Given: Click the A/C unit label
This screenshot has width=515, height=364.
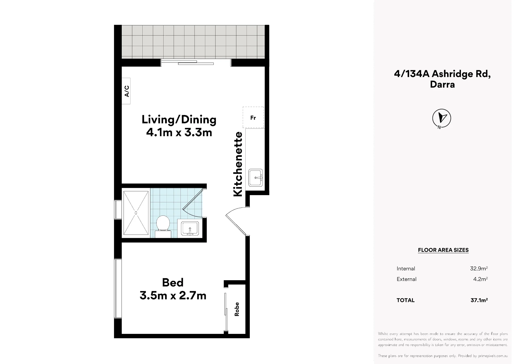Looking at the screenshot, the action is pos(127,91).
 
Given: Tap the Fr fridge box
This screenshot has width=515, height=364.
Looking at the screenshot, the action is pos(253,117).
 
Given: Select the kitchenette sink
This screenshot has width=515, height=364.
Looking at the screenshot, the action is pos(255,178).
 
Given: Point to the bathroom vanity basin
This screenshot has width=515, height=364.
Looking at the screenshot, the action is pos(190,228).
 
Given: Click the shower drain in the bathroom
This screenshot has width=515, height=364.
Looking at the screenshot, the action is pos(136,213).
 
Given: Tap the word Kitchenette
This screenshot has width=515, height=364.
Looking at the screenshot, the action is pos(238,164).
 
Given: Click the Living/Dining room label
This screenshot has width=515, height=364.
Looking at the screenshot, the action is pos(179,120).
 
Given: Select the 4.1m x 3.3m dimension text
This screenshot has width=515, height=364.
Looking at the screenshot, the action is pos(179,133).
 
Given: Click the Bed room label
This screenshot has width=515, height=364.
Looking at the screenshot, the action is pos(173,282).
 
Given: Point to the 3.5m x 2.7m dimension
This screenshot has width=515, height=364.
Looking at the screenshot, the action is pos(173,296).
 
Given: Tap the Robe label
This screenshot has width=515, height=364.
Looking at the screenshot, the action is pos(237,309).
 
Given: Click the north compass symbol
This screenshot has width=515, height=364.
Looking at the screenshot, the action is pos(441,118).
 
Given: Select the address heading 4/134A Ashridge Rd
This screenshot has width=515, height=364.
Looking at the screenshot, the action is pos(442,74).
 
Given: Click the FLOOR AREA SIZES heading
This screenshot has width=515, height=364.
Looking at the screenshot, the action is pos(443,250).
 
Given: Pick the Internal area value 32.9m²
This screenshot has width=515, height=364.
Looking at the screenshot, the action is pos(479,268).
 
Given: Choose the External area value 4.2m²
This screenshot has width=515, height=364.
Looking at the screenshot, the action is pos(480,279).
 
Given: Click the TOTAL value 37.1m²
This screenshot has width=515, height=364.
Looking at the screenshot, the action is pos(479,300).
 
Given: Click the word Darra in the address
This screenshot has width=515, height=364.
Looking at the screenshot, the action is pos(442,84).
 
